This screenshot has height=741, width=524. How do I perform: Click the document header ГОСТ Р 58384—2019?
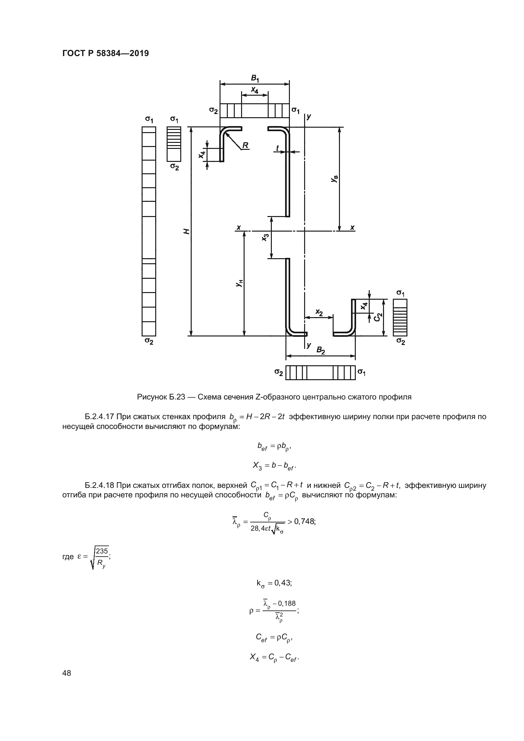tap(105, 53)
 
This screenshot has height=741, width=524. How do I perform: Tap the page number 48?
tap(67, 673)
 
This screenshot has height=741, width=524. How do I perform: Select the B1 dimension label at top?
tap(255, 79)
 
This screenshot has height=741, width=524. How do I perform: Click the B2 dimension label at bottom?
tap(320, 350)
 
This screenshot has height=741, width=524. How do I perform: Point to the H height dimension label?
tap(186, 231)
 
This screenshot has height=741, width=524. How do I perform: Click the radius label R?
tap(245, 145)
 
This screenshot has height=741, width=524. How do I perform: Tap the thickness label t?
tap(277, 148)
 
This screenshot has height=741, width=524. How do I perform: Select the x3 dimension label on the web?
tap(265, 238)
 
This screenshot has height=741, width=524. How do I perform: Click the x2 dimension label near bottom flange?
tap(319, 312)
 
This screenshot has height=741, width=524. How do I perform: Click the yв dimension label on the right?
tap(335, 179)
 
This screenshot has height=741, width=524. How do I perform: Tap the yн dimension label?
tap(239, 283)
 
